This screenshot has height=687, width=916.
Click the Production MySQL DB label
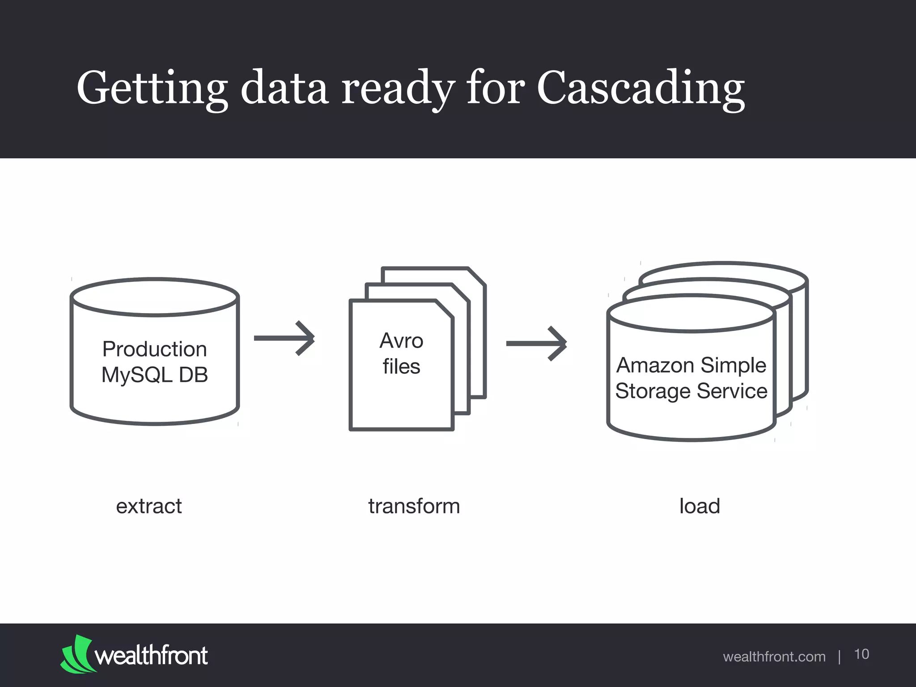(155, 362)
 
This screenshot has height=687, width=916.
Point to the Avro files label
(401, 353)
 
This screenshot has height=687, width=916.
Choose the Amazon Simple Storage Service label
(691, 378)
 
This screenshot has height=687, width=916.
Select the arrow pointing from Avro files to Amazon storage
(537, 343)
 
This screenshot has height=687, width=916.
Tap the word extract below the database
(149, 506)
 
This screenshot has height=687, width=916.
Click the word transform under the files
(414, 506)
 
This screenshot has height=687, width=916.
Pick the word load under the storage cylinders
(700, 506)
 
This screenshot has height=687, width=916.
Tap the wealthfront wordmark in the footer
(151, 656)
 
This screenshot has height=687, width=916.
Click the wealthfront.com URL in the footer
(774, 657)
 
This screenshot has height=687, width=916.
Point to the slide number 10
(861, 654)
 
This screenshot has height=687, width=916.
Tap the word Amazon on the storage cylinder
(655, 365)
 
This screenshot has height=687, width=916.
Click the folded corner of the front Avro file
(444, 309)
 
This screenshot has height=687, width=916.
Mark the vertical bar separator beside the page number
(840, 657)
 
